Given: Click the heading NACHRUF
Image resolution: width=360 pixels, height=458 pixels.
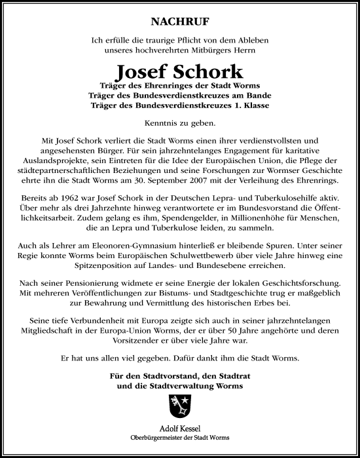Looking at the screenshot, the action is click(x=179, y=21).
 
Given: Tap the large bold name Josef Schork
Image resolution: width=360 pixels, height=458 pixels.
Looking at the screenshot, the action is click(x=180, y=71).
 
